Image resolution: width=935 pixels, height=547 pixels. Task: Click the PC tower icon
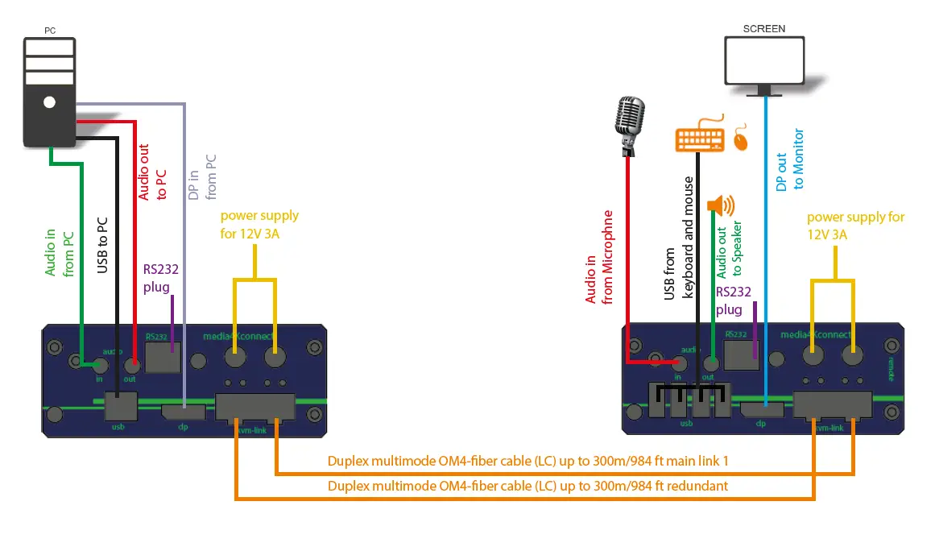pyautogui.click(x=49, y=93)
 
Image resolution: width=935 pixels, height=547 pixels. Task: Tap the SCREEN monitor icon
pyautogui.click(x=764, y=61)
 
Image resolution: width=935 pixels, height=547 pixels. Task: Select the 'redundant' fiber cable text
pyautogui.click(x=527, y=486)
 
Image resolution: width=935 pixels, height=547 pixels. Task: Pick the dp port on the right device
pyautogui.click(x=761, y=409)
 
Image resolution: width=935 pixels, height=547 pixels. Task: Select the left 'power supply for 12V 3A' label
pyautogui.click(x=259, y=225)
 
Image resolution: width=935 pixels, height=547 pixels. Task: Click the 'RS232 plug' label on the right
pyautogui.click(x=734, y=300)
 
